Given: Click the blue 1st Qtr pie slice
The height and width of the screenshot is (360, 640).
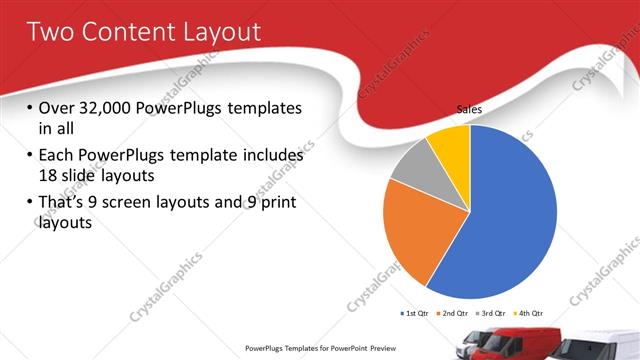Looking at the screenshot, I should point(510,220).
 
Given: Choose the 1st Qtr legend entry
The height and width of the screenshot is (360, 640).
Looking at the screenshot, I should point(417,314).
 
